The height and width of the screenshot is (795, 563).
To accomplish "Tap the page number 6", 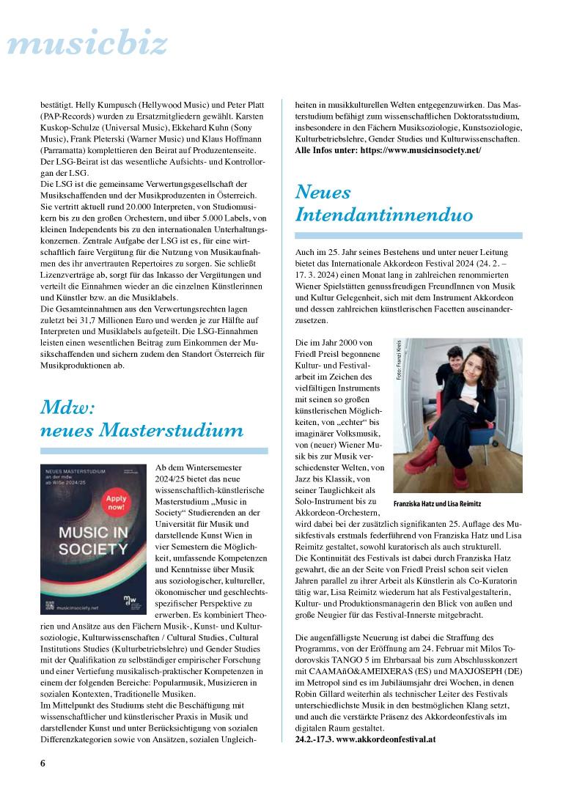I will click(x=43, y=763).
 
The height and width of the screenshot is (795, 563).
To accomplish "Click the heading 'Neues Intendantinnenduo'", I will click(x=383, y=203).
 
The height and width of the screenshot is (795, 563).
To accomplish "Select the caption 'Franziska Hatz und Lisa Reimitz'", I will click(x=437, y=505).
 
